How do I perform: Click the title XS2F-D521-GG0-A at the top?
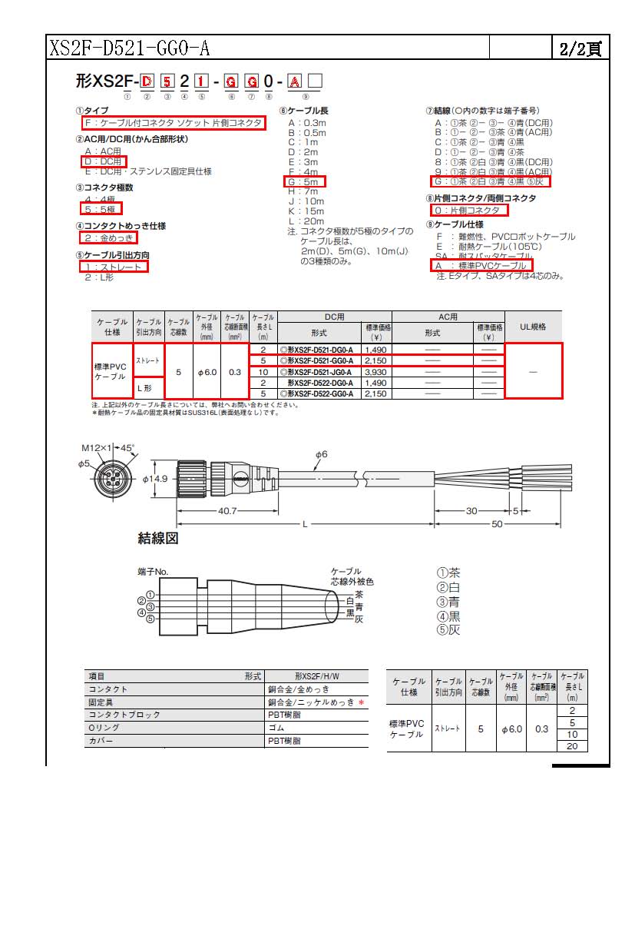130,49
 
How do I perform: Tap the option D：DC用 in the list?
102,161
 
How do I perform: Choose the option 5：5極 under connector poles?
101,208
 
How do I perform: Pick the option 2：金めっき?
108,237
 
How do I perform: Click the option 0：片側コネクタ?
468,210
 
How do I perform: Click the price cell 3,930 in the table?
375,372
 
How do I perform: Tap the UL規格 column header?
533,327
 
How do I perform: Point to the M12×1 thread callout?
96,447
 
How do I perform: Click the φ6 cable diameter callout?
320,454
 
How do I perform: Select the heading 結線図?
157,538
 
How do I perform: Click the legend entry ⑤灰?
448,630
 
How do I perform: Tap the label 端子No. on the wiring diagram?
153,572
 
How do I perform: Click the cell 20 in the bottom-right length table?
572,746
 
